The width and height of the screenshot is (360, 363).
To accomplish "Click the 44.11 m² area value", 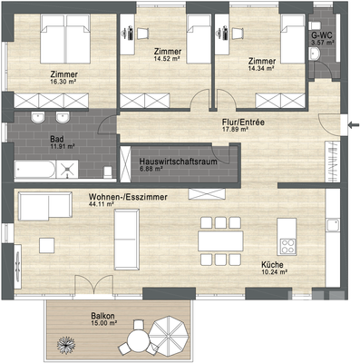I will click(x=102, y=204).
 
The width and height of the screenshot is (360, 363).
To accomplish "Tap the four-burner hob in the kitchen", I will click(x=289, y=246).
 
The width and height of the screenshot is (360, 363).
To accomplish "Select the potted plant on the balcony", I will click(x=65, y=343).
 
